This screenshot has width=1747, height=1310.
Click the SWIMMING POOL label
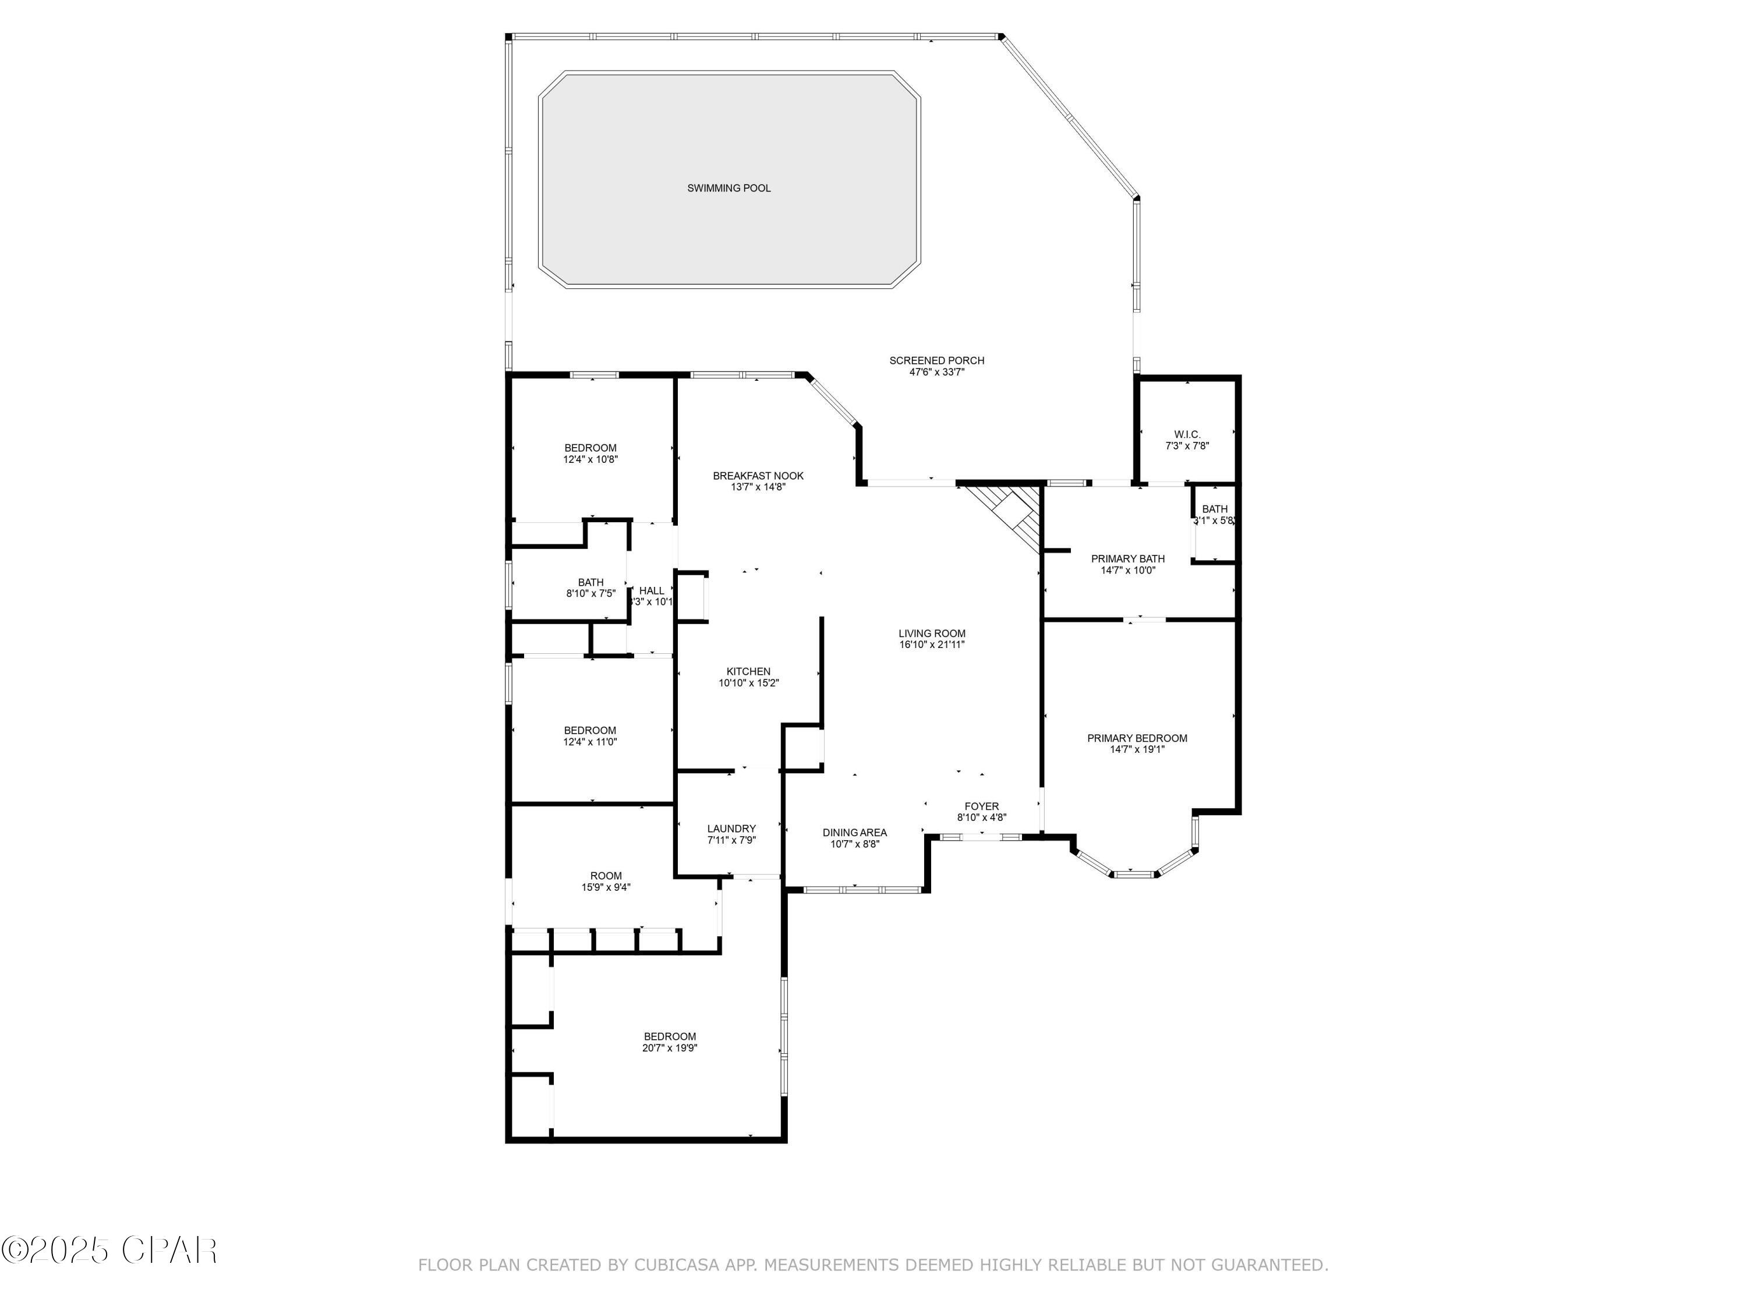[x=728, y=188]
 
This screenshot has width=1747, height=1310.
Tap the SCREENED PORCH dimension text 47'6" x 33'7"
[x=936, y=372]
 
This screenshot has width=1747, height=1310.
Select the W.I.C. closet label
[x=1187, y=434]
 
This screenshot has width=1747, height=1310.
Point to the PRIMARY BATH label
[x=1128, y=559]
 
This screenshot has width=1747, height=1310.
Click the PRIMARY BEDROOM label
[x=1137, y=738]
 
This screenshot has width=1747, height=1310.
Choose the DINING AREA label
[x=854, y=832]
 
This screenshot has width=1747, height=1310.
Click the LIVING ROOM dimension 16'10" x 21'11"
[x=932, y=645]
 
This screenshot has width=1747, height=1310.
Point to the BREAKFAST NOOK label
[x=758, y=475]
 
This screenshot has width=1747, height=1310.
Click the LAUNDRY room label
[x=731, y=829]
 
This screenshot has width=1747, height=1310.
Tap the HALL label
[x=652, y=590]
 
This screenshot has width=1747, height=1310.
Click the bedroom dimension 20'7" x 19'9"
[x=670, y=1049]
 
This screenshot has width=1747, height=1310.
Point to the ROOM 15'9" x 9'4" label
[x=606, y=876]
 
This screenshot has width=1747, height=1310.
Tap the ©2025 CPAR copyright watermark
[x=109, y=1251]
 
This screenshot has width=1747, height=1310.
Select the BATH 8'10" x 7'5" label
[x=590, y=583]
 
